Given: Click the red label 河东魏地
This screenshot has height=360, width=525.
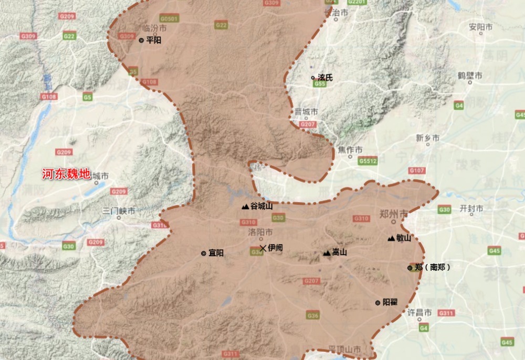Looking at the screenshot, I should coord(66,174).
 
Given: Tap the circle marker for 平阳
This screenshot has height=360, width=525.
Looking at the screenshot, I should coord(141,40).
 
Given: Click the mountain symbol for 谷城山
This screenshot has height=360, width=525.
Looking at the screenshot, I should coord(245,207).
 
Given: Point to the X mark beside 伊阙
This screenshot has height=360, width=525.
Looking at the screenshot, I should coord(262,248).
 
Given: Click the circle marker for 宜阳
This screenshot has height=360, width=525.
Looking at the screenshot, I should coord(204,253).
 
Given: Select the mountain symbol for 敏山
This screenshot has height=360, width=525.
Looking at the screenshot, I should coord(391,239).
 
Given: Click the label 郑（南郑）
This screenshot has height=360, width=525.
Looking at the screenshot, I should coord(432,267).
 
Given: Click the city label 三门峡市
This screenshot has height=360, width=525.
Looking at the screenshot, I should coord(119,211).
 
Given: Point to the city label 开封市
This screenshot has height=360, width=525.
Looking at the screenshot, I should coord(471,208).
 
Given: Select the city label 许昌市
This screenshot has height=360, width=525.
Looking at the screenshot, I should coord(420,312).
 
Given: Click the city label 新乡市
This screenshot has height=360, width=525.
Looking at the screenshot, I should coord(427,138).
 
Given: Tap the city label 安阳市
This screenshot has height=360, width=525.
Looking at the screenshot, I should coord(480,26).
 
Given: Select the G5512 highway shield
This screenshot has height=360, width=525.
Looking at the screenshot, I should coord(368,161).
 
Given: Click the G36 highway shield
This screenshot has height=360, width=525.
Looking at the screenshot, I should coord(313,315).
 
